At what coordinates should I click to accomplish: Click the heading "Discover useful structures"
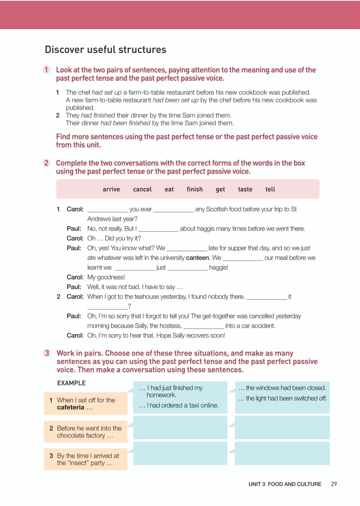point(105,50)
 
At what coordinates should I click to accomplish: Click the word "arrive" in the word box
point(111,189)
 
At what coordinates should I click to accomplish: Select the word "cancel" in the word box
point(142,189)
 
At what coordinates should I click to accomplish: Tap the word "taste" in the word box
point(245,189)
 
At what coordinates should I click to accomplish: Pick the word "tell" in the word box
point(270,189)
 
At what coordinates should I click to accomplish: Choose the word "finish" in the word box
point(195,189)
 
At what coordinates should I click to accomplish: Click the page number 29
point(334,484)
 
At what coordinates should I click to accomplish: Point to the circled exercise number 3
point(46,354)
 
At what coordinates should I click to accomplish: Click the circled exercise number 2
point(46,163)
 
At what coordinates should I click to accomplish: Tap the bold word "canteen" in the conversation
point(197,258)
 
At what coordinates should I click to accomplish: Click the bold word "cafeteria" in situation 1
point(70,408)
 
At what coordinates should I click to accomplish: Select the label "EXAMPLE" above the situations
point(71,383)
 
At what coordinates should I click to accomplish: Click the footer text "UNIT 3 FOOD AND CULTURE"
point(285,484)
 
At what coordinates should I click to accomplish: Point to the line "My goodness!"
point(106,277)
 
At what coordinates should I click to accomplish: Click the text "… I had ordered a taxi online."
point(179,405)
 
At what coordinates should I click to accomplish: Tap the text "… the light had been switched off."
point(282,398)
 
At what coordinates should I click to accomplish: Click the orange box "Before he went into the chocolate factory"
point(86,432)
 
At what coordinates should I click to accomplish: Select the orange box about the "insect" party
point(86,459)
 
